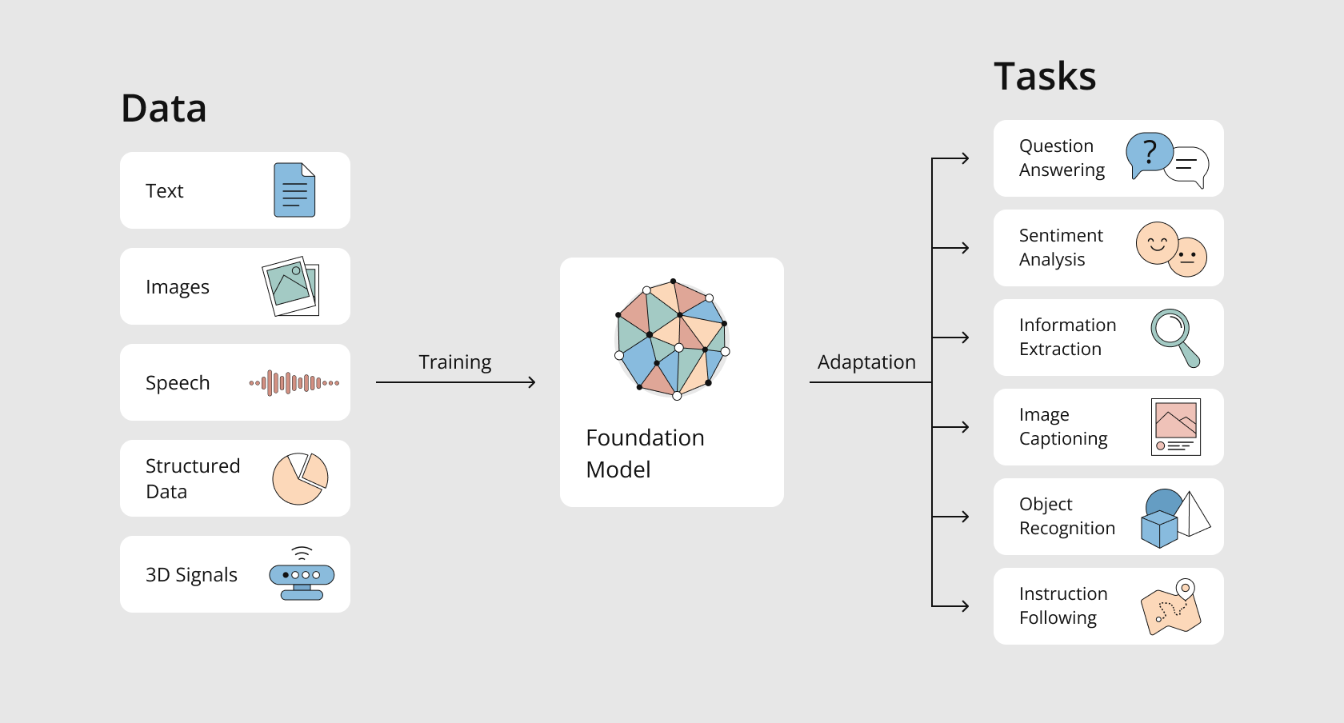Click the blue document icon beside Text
coord(294,190)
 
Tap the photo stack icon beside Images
coord(291,286)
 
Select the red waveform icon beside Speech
coord(294,383)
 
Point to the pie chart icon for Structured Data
coord(300,479)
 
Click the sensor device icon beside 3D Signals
coord(302,573)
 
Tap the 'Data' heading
coord(164,109)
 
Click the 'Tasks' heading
coord(1045,76)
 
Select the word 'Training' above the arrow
coord(454,362)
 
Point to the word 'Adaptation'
coord(866,361)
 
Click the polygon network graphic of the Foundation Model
coord(672,339)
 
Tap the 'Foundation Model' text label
coord(645,453)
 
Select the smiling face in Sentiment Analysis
coord(1158,243)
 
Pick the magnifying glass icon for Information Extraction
coord(1174,338)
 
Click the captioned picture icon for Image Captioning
coord(1176,426)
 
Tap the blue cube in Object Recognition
coord(1159,529)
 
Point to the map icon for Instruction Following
coord(1171,607)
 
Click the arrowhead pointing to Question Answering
coord(965,158)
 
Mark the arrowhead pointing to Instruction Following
coord(965,606)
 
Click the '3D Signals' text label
coord(191,575)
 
